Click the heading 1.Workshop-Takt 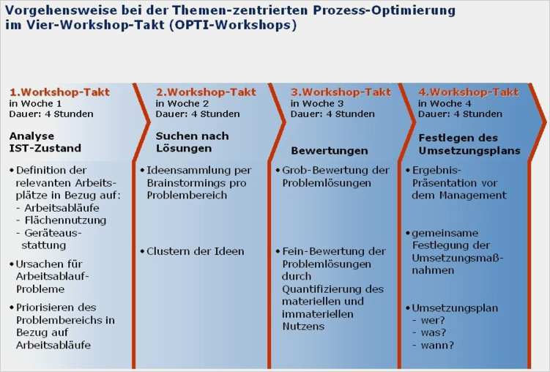click(59, 92)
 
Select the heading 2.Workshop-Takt click(206, 92)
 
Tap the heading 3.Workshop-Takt click(341, 92)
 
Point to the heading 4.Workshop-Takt click(468, 92)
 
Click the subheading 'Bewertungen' click(330, 151)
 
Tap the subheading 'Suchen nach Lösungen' click(191, 141)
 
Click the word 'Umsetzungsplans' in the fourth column click(469, 150)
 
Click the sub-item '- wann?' click(434, 344)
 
